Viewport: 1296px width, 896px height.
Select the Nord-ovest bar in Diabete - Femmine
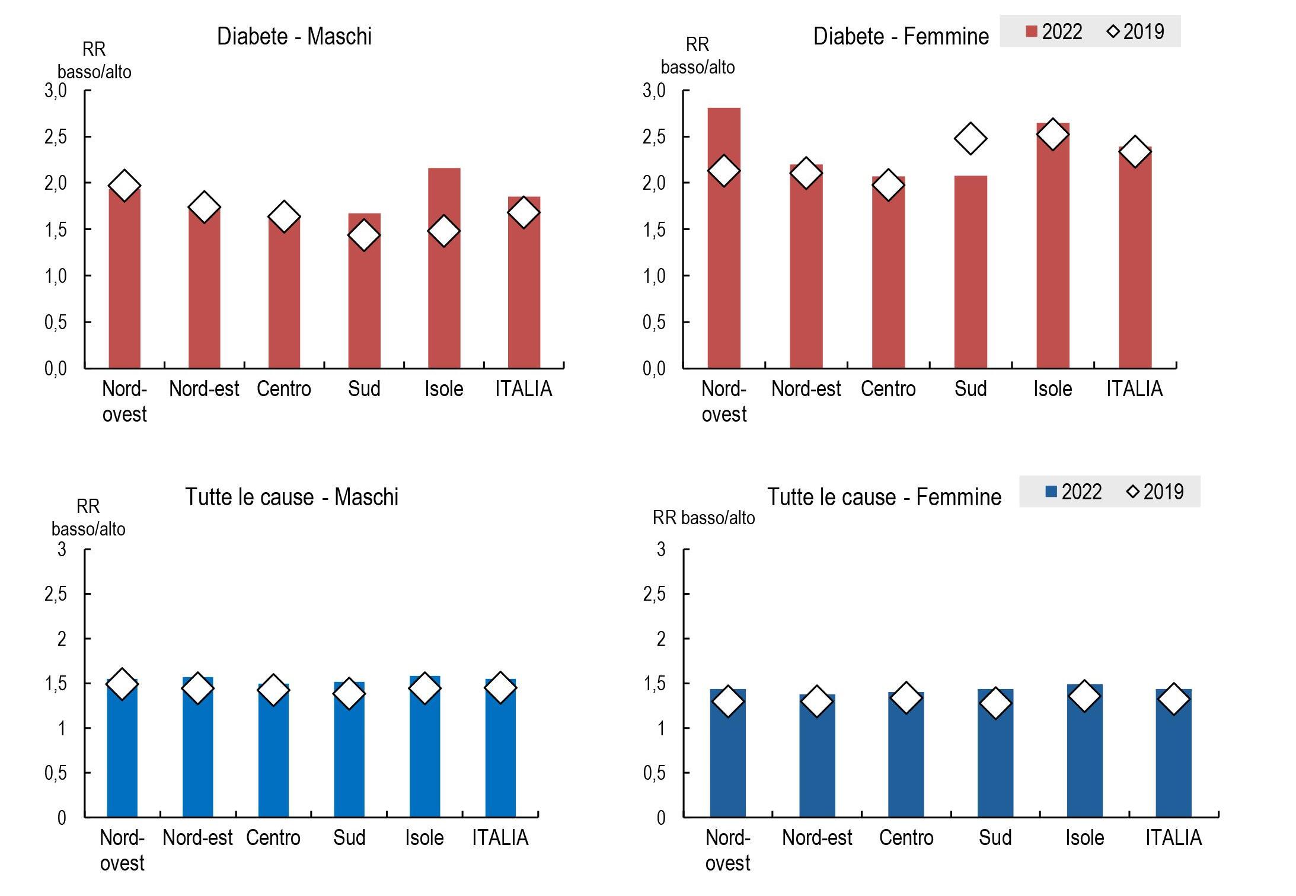724,267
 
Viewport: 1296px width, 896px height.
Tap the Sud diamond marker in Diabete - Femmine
971,139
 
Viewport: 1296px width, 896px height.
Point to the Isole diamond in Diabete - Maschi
444,231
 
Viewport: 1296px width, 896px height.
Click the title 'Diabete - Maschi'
294,37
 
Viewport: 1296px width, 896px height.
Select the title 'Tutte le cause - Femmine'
884,497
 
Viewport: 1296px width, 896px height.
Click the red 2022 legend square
1032,32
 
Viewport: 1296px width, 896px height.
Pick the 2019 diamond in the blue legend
1133,492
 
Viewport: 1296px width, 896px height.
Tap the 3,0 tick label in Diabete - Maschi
56,91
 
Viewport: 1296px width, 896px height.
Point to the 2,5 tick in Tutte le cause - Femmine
655,594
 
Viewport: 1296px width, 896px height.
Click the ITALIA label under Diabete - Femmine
1134,389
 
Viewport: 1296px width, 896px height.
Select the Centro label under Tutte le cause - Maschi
273,838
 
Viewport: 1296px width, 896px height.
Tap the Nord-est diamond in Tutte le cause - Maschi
197,688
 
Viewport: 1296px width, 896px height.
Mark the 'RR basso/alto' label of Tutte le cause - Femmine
704,518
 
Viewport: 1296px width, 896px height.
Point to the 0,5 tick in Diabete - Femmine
655,323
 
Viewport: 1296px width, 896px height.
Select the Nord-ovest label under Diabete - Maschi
125,401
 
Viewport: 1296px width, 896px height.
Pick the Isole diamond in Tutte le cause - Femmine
1084,696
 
